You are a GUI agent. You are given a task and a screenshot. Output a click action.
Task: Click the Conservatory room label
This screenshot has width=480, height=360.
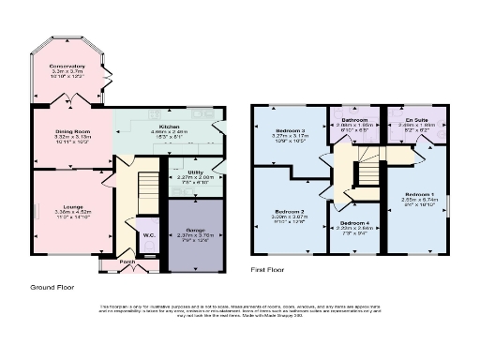pyautogui.click(x=67, y=66)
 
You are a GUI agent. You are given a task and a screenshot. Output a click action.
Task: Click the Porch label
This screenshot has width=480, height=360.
pyautogui.click(x=127, y=262)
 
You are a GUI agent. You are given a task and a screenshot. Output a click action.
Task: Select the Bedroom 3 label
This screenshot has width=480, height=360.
pyautogui.click(x=290, y=130)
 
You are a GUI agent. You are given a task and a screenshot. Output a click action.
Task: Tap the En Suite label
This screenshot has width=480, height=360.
pyautogui.click(x=413, y=120)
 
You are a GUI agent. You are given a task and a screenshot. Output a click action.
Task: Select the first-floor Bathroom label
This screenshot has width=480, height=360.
pyautogui.click(x=353, y=120)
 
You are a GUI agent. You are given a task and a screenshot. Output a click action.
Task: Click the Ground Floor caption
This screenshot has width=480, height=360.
pyautogui.click(x=53, y=286)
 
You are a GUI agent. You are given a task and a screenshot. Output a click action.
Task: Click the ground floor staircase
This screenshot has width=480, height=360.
pyautogui.click(x=148, y=192)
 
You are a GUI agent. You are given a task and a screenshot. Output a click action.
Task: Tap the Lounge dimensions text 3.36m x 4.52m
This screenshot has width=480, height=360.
pyautogui.click(x=66, y=212)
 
